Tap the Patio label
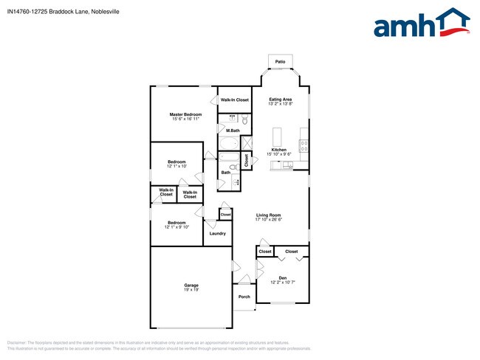tap(280, 62)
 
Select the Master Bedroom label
tap(185, 114)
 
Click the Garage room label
tap(191, 285)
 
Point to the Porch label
tap(244, 297)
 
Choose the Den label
tap(282, 277)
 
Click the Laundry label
tap(217, 233)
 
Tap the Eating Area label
tap(280, 99)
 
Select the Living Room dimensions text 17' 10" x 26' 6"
tap(269, 219)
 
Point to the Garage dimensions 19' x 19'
tap(191, 290)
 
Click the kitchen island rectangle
tap(278, 136)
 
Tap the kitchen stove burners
tap(304, 144)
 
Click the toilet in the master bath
tap(244, 119)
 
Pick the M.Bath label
tap(233, 131)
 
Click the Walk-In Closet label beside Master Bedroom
tap(234, 100)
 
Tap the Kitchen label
tap(278, 150)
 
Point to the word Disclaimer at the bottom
tap(17, 343)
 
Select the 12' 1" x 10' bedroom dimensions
tap(176, 166)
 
